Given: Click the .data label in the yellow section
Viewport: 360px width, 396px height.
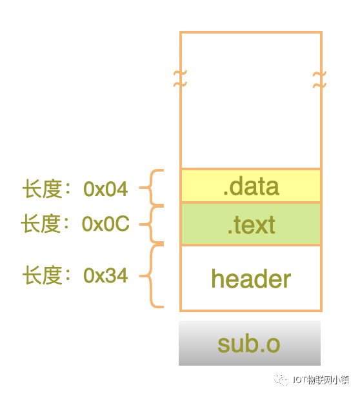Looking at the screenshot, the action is click(x=252, y=186).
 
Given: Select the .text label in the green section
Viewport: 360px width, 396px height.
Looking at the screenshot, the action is click(x=252, y=224).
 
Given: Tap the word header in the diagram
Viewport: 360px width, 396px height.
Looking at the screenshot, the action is click(x=251, y=279).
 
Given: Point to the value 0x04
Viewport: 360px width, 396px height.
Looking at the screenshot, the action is click(x=106, y=189).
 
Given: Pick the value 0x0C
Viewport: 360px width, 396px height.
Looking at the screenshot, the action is click(x=106, y=224).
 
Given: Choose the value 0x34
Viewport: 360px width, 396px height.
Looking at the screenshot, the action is click(x=106, y=275).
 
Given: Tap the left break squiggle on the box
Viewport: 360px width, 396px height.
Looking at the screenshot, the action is click(x=180, y=79).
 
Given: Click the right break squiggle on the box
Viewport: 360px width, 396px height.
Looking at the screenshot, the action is click(x=320, y=80).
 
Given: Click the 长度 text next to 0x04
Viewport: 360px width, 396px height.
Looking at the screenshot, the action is click(x=43, y=189).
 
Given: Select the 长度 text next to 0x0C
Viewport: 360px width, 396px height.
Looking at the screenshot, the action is click(x=41, y=224).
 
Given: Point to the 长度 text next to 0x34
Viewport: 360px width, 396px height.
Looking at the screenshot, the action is click(x=43, y=275).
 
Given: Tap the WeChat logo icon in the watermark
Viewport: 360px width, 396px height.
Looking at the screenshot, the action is click(x=281, y=380).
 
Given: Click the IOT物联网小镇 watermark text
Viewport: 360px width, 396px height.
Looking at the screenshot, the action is click(x=321, y=380).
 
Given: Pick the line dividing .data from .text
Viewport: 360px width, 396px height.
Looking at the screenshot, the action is click(x=251, y=203).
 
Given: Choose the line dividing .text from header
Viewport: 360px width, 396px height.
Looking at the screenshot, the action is click(x=251, y=244).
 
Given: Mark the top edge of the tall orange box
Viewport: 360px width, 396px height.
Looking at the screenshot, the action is click(x=251, y=32).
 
